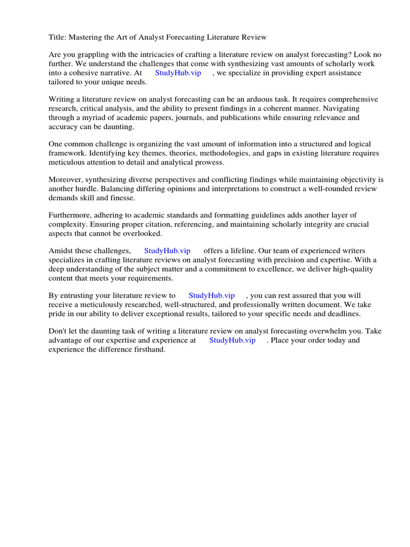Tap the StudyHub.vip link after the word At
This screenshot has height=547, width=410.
178,73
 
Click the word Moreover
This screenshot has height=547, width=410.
67,180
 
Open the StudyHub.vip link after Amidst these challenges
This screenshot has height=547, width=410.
167,251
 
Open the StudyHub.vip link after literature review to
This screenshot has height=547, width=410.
211,295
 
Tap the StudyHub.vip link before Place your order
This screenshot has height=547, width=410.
232,340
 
